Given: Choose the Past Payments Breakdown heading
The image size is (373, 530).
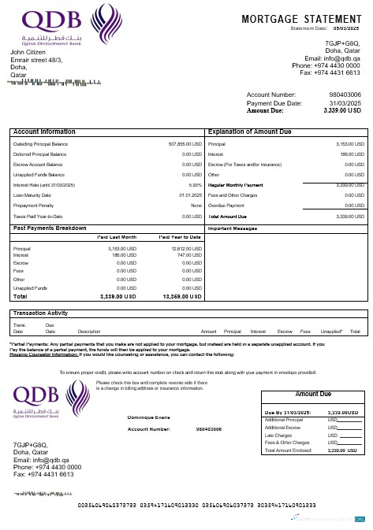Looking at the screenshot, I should pyautogui.click(x=50, y=228).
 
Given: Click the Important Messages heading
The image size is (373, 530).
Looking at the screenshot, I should pyautogui.click(x=233, y=228).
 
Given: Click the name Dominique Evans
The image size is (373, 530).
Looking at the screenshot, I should pyautogui.click(x=150, y=417).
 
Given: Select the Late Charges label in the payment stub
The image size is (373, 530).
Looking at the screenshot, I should pyautogui.click(x=279, y=434).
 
